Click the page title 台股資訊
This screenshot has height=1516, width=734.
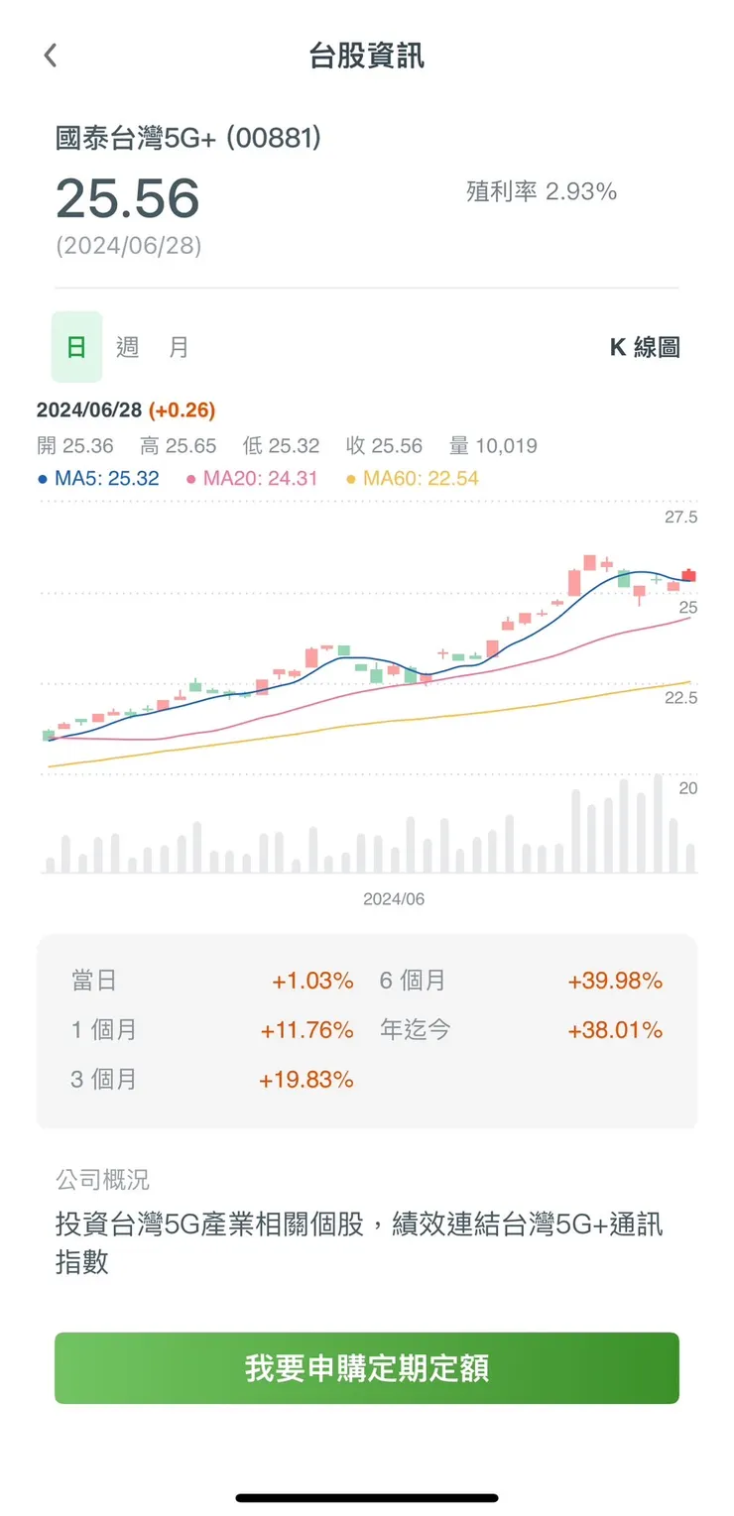(367, 56)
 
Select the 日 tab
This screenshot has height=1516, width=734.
(76, 347)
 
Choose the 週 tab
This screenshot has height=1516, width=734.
(127, 347)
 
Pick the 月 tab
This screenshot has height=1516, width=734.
(179, 347)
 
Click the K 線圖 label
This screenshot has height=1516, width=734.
(644, 347)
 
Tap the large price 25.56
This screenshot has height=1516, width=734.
(128, 198)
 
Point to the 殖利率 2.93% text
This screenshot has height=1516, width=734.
(542, 191)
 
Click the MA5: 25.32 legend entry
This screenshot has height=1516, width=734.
(98, 479)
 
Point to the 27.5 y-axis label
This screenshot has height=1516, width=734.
(680, 518)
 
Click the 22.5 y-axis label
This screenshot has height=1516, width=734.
(680, 698)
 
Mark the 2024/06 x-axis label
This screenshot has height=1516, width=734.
(394, 899)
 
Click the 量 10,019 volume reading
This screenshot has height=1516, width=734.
(493, 446)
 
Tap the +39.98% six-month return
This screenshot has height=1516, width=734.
(615, 981)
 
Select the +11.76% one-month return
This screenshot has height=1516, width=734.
(306, 1030)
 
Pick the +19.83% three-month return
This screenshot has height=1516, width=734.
(306, 1080)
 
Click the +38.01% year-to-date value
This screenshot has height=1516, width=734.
(615, 1030)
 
